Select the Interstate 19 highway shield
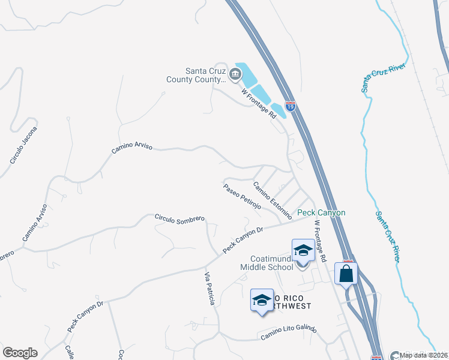point(291,107)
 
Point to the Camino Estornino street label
point(273,200)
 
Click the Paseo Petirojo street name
point(242,196)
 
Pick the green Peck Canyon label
point(322,213)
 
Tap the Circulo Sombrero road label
point(179,220)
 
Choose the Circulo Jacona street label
point(23,145)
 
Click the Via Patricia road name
point(209,289)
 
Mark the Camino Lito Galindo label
point(288,333)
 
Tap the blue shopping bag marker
point(346,274)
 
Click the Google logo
point(20,353)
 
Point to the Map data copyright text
point(424,355)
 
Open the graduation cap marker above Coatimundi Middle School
point(303,250)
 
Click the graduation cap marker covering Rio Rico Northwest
point(262,300)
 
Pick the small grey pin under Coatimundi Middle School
point(303,267)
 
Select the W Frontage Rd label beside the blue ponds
point(259,103)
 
